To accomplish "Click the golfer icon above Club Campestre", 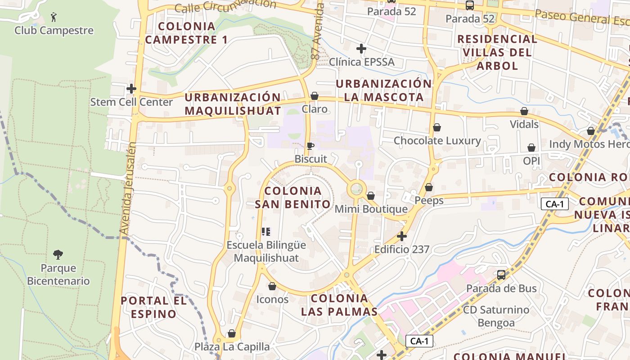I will (x=54, y=18).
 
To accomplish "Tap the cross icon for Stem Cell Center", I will (x=131, y=89).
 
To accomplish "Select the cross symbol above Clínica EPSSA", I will (x=361, y=48).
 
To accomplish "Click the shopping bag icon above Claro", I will (x=315, y=96).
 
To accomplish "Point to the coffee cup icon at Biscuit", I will (x=310, y=146).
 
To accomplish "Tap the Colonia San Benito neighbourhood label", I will (x=293, y=198).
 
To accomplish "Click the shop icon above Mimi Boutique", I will (x=371, y=196).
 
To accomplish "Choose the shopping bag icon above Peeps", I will (x=429, y=187).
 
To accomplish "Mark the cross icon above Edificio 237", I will (x=401, y=236).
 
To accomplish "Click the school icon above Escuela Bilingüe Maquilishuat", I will (x=266, y=232).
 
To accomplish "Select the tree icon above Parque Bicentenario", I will (x=58, y=255).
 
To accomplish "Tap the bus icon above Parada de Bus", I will (x=501, y=275).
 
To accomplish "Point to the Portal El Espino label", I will (x=153, y=307).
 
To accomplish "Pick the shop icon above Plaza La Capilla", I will (x=232, y=333).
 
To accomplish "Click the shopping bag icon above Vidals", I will (x=524, y=111).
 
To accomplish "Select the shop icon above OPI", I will (x=531, y=148).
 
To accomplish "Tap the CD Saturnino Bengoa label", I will (x=496, y=316).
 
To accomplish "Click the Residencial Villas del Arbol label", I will (x=497, y=52).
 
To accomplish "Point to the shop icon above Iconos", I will (x=272, y=286).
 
